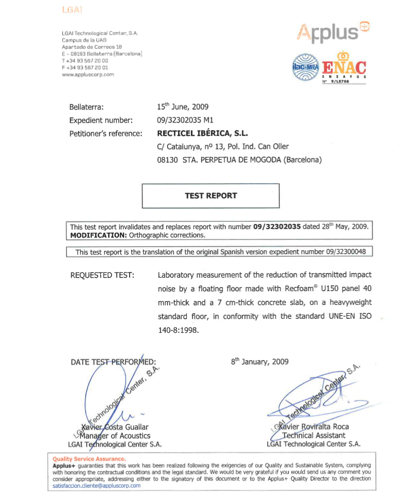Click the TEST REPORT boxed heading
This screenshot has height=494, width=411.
(210, 196)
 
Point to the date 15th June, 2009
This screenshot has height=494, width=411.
(183, 107)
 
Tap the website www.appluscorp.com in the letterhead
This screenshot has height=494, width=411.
(87, 74)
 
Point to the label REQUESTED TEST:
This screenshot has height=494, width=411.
(102, 275)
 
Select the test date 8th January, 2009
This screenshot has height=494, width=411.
(260, 362)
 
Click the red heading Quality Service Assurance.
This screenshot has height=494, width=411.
(88, 458)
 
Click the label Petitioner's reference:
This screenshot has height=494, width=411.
(105, 134)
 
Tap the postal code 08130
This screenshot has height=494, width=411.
(168, 160)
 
